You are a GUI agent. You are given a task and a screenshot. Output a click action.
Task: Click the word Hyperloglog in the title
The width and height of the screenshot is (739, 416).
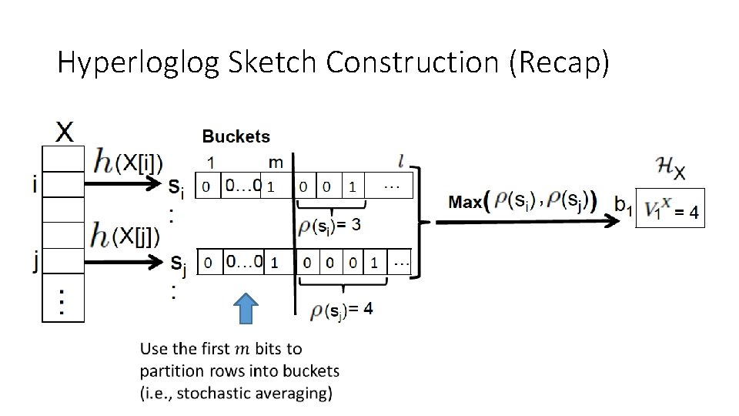pyautogui.click(x=139, y=62)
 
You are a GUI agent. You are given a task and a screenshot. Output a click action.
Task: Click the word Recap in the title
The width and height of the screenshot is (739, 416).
pyautogui.click(x=559, y=62)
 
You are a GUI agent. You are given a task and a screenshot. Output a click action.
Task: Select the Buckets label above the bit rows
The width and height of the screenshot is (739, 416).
pyautogui.click(x=236, y=136)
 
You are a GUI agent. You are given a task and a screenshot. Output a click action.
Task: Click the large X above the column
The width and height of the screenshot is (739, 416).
pyautogui.click(x=65, y=133)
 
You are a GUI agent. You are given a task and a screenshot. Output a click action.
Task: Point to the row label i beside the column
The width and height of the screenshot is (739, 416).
pyautogui.click(x=34, y=185)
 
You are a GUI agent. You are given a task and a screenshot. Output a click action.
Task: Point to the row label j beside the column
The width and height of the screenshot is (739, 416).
pyautogui.click(x=34, y=263)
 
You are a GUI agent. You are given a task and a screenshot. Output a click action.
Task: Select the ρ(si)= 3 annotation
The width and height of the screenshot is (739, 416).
pyautogui.click(x=329, y=227)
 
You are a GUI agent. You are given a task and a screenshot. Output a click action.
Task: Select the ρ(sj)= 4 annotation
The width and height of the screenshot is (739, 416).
pyautogui.click(x=342, y=310)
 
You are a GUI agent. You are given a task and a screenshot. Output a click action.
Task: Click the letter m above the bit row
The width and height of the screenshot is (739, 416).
pyautogui.click(x=276, y=162)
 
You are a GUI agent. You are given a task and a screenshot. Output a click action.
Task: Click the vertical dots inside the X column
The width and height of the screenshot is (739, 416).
pyautogui.click(x=62, y=301)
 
